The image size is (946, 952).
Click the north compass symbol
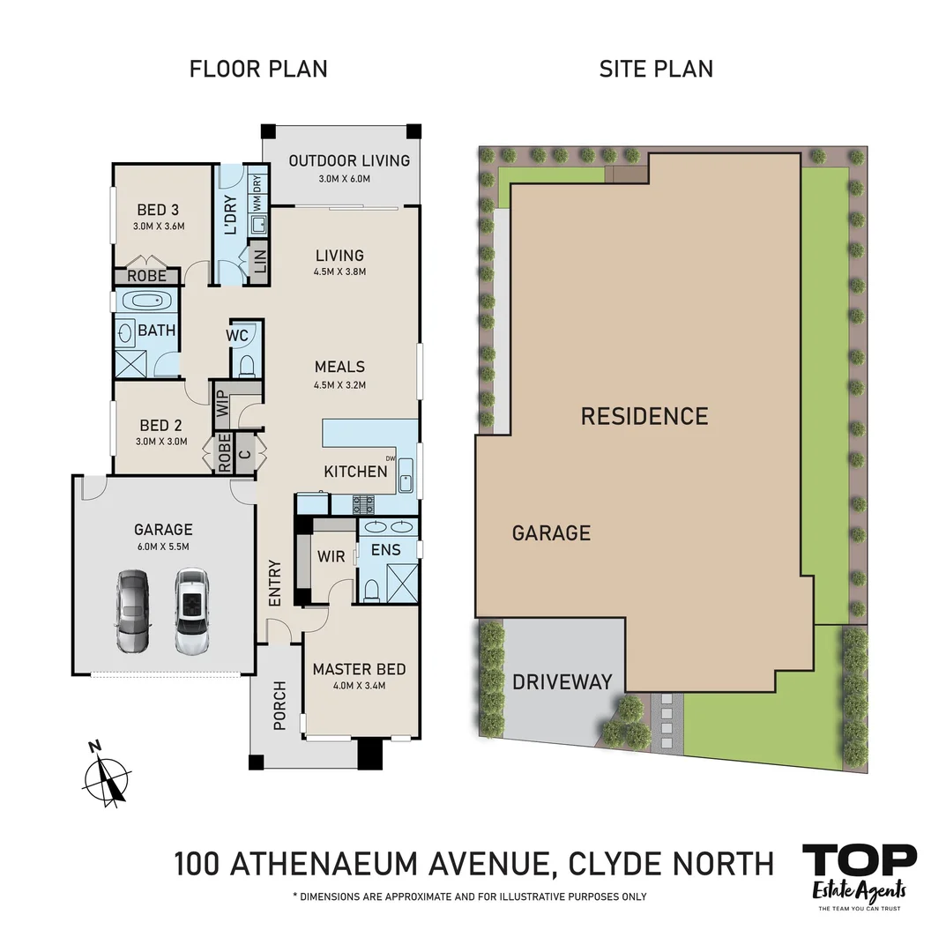(x=107, y=777)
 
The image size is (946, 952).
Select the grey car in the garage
(x=133, y=610)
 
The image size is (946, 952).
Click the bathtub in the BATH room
(x=146, y=301)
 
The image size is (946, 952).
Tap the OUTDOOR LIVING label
(x=349, y=160)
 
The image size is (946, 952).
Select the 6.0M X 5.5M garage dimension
(x=162, y=547)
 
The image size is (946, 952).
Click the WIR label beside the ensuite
(x=332, y=556)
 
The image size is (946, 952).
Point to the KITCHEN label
(x=355, y=472)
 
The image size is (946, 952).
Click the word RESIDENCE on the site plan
(x=644, y=416)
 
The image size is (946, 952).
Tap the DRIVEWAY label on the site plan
(x=562, y=682)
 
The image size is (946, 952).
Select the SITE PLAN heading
(x=656, y=69)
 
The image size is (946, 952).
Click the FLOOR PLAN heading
(x=258, y=69)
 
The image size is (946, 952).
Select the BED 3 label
(x=158, y=210)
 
